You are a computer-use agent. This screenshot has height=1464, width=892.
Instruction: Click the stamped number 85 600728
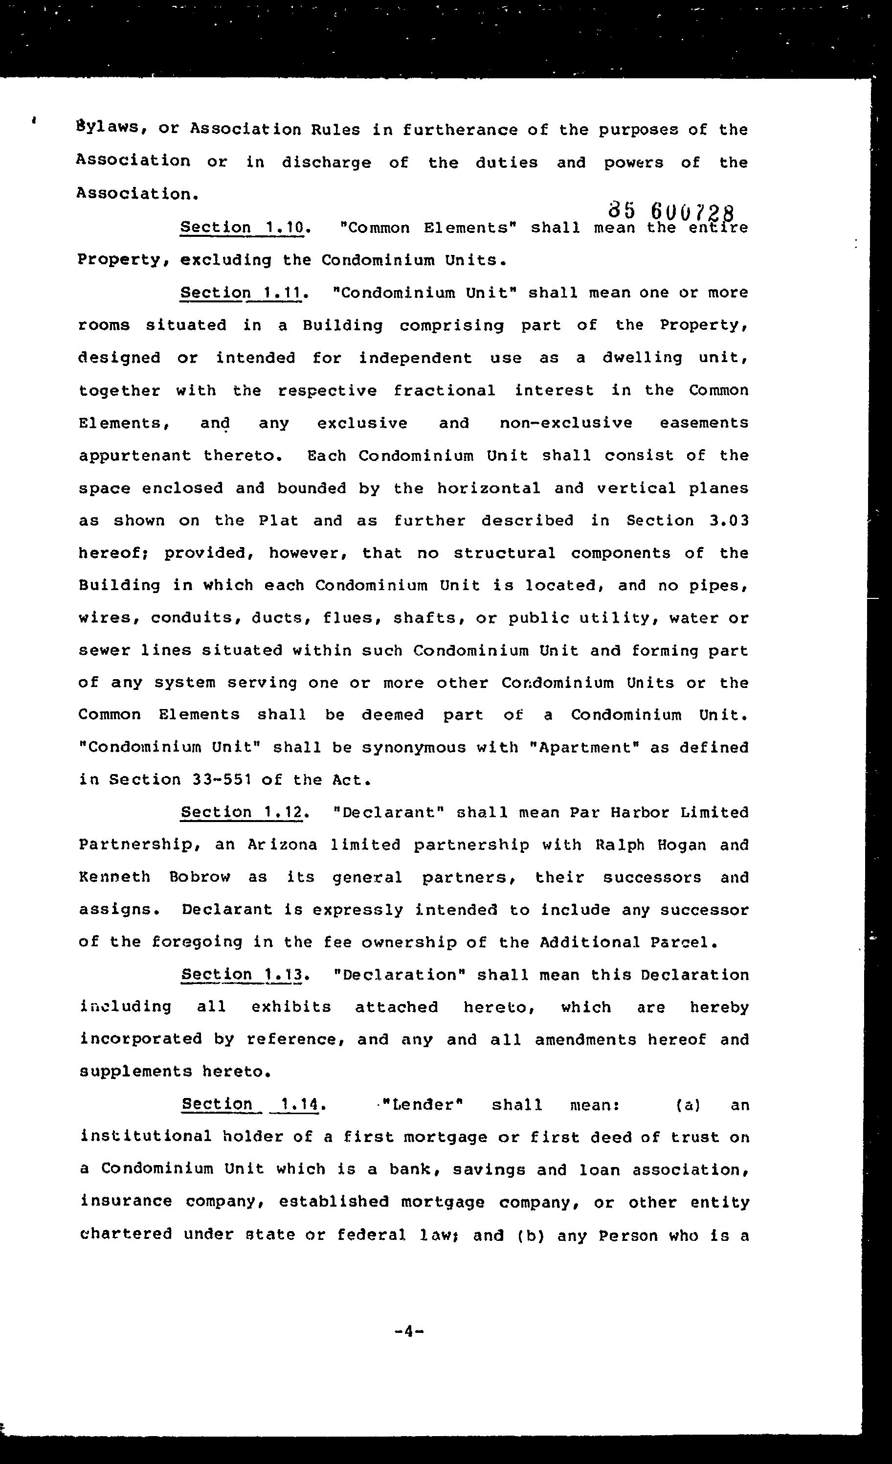click(671, 211)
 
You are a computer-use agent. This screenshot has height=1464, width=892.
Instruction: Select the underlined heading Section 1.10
click(242, 228)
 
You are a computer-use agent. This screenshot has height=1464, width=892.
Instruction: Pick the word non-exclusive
click(565, 423)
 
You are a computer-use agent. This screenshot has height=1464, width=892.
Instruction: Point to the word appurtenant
click(135, 456)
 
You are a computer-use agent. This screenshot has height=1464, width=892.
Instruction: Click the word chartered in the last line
click(126, 1234)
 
